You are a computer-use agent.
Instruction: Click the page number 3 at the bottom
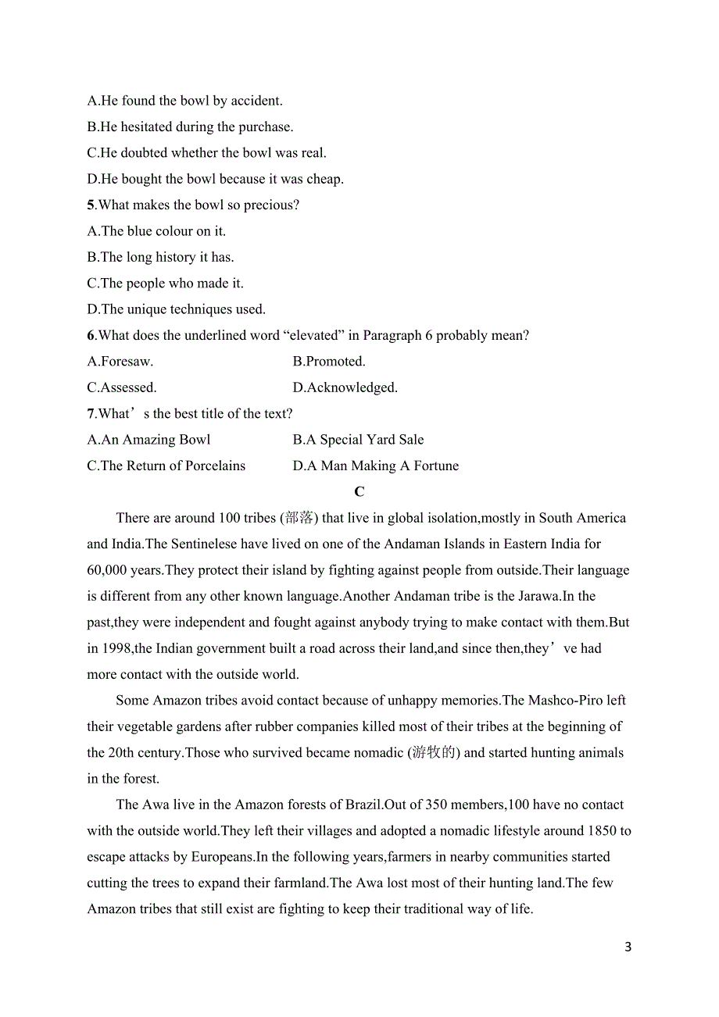(628, 947)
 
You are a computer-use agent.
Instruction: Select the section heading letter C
(359, 491)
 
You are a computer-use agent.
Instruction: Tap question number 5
(91, 205)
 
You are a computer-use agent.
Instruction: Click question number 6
(91, 336)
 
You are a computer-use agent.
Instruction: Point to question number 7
(91, 414)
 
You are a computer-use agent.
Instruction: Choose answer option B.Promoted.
(329, 362)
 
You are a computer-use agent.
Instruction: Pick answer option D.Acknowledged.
(345, 387)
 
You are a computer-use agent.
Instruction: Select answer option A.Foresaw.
(120, 362)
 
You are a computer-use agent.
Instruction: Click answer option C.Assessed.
(122, 387)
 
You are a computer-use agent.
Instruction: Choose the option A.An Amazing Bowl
(148, 440)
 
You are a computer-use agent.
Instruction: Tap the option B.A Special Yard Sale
(358, 440)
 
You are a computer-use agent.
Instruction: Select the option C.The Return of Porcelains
(166, 466)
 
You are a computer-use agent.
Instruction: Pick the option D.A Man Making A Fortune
(375, 466)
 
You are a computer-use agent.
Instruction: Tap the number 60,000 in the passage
(107, 570)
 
